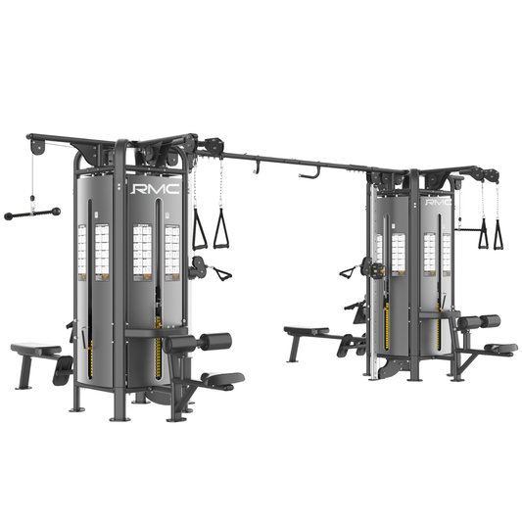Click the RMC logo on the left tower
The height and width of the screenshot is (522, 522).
[156, 185]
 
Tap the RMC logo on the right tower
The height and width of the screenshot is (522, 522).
[438, 204]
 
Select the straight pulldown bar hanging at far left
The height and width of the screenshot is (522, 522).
[32, 213]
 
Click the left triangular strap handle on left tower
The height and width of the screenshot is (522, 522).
[199, 231]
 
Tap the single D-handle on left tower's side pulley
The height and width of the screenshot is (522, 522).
[220, 274]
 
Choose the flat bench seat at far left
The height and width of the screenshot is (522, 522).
[34, 349]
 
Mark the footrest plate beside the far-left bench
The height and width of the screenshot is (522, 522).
[64, 369]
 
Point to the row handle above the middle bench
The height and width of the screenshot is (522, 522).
[350, 271]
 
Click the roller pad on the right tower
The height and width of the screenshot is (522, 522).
[480, 321]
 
